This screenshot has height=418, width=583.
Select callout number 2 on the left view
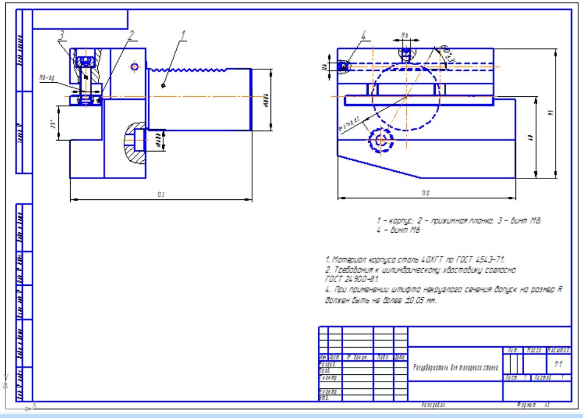(131, 34)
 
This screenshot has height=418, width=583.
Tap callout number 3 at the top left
(61, 35)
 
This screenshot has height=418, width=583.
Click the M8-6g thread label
(47, 78)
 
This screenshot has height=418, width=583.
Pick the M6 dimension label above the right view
(406, 35)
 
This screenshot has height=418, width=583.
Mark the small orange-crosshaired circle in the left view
(135, 67)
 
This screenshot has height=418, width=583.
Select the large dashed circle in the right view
(406, 98)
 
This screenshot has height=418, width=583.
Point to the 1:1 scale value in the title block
(559, 364)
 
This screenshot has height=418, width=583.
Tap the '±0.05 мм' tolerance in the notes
(419, 301)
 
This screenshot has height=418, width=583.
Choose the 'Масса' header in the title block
(535, 350)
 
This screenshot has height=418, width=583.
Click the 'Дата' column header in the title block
(400, 357)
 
